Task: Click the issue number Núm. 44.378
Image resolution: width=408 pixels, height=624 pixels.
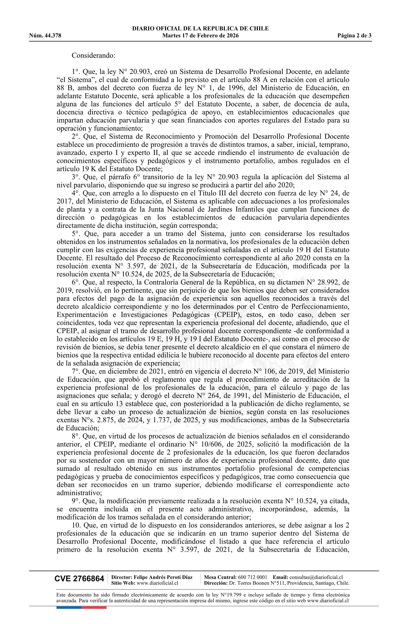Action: [45, 36]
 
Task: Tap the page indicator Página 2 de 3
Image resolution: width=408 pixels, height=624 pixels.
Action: [354, 36]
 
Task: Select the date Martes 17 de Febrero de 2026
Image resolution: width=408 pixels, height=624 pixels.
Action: [200, 36]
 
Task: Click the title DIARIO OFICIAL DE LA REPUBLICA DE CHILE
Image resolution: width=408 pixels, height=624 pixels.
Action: [200, 29]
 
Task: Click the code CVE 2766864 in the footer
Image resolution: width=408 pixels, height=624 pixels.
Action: [79, 578]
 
